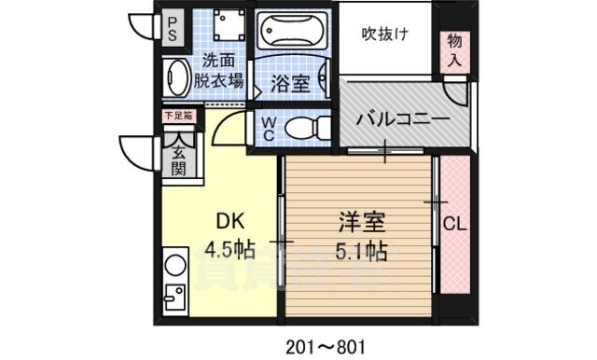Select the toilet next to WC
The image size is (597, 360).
coord(302,128)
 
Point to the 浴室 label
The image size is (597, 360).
coord(290,83)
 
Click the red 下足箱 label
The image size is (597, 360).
coord(177,117)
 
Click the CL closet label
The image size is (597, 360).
coord(454,224)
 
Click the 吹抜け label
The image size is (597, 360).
coord(384,35)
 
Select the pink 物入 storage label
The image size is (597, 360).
coord(454,50)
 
